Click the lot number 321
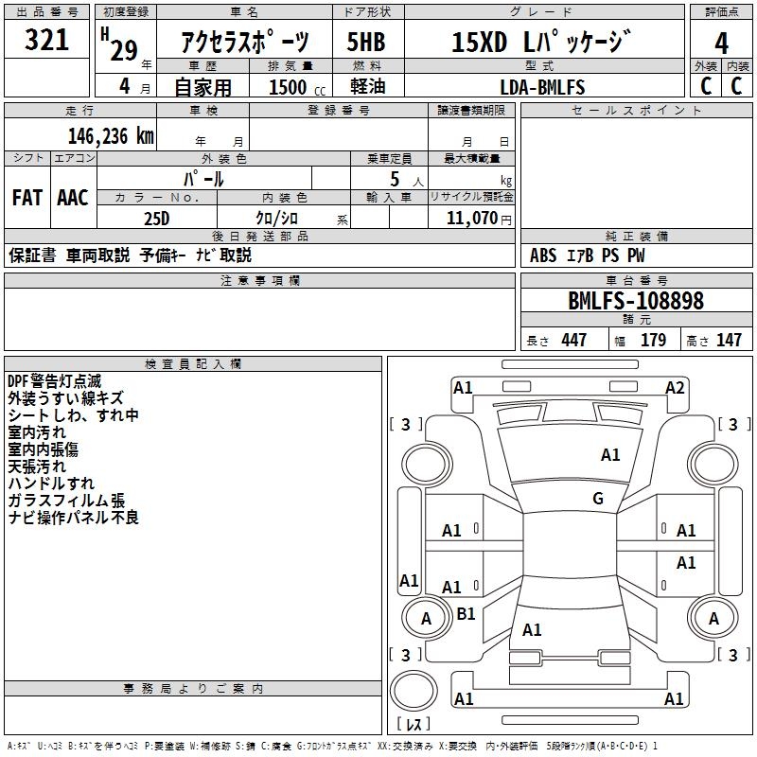tap(46, 41)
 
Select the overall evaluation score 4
tap(721, 44)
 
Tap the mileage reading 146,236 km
tap(110, 135)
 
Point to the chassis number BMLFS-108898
tap(636, 301)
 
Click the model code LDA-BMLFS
tap(542, 87)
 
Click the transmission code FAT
tap(26, 198)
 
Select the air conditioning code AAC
tap(73, 198)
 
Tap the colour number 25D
tap(156, 219)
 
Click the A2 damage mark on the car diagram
tap(675, 387)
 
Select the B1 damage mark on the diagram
tap(466, 613)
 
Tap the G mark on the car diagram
tap(598, 498)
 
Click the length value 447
tap(573, 340)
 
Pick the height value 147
tap(729, 340)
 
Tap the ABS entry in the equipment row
tap(543, 255)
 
